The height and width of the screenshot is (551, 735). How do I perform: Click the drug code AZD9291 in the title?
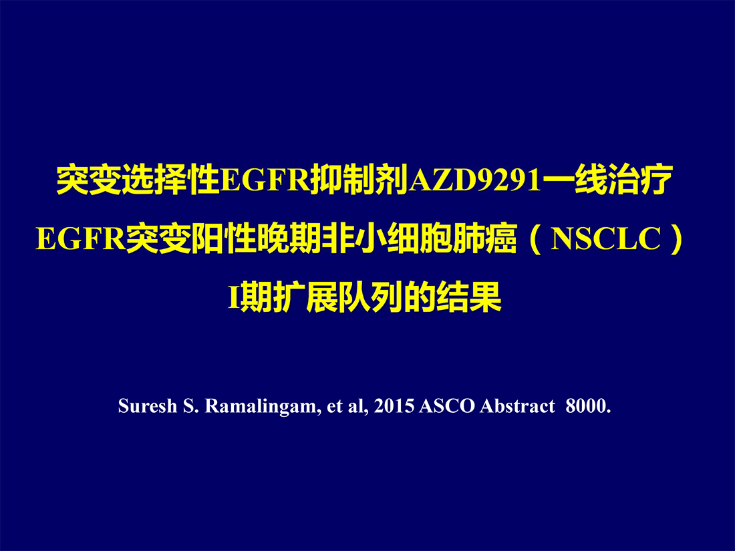pos(475,180)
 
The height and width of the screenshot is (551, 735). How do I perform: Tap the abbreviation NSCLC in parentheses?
pos(605,238)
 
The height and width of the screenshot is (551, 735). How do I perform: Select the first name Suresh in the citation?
pos(147,406)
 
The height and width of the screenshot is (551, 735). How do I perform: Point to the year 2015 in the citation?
pos(394,406)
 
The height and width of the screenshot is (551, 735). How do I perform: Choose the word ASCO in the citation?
pos(447,406)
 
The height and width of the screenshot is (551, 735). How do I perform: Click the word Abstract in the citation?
pos(517,406)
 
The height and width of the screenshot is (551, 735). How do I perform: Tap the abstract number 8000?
pos(588,406)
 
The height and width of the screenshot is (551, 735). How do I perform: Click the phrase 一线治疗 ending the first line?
pos(607,180)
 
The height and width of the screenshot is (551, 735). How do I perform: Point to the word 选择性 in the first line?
pos(170,180)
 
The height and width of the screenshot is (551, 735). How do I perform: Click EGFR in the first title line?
pos(266,180)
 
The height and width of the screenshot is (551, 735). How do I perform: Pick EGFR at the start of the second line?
pos(81,238)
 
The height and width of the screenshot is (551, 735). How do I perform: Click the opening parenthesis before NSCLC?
pos(535,238)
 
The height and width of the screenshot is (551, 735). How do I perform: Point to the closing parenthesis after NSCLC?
pos(676,238)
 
